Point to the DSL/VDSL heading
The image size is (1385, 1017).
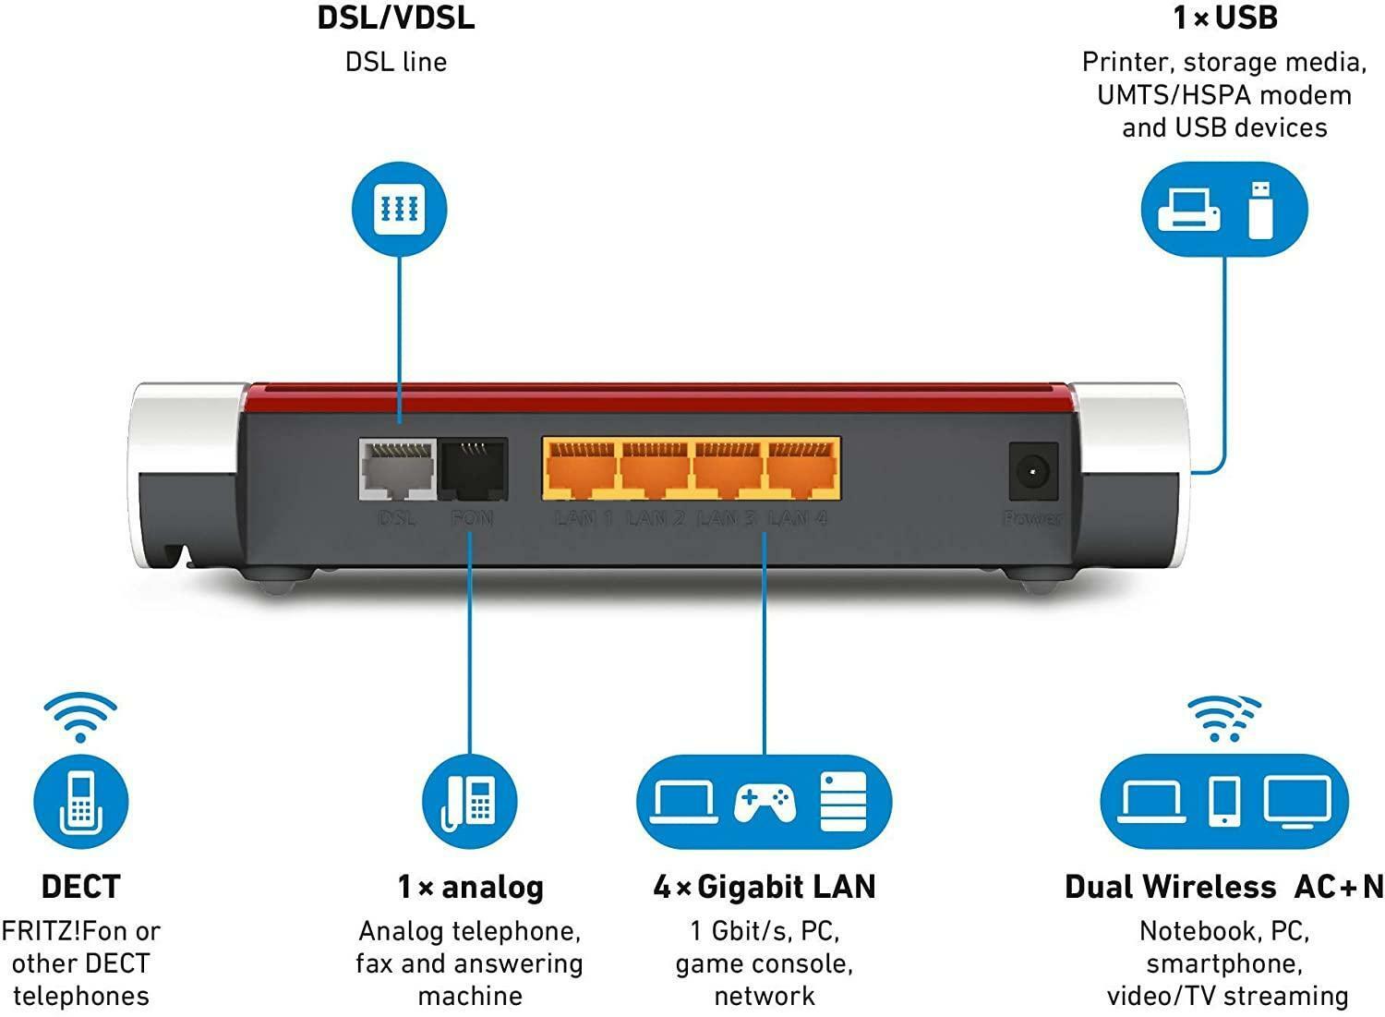tap(396, 18)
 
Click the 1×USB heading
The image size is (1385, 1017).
tap(1224, 18)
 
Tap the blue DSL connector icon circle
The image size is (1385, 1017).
tap(400, 207)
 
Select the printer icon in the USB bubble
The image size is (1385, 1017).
tap(1189, 209)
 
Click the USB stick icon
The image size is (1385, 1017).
tap(1260, 209)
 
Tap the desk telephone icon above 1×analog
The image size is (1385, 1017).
tap(470, 800)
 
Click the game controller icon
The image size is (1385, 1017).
tap(765, 801)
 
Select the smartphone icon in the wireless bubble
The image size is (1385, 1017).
tap(1224, 800)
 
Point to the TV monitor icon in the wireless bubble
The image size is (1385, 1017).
tap(1297, 800)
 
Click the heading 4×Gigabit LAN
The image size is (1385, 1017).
tap(765, 887)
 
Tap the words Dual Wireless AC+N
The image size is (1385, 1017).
tap(1224, 887)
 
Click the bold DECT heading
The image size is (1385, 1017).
tap(80, 887)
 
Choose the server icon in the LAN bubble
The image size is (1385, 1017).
tap(843, 801)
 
